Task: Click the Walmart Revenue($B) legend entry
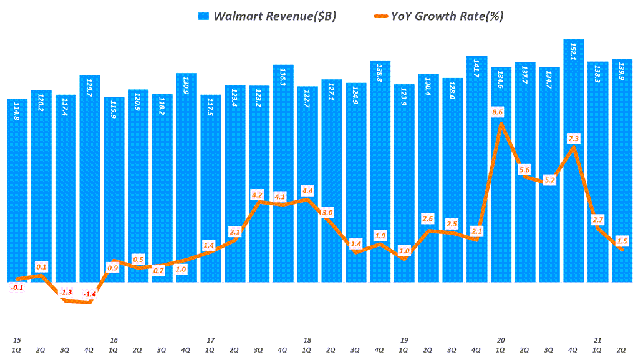268,17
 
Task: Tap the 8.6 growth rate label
498,112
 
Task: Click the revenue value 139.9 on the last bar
622,72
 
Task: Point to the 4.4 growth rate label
307,190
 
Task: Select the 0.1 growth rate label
42,266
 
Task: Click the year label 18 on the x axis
307,340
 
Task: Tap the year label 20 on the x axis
501,340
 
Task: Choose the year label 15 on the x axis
17,340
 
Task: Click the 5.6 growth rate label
524,170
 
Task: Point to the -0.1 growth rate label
17,287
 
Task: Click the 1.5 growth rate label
621,241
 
